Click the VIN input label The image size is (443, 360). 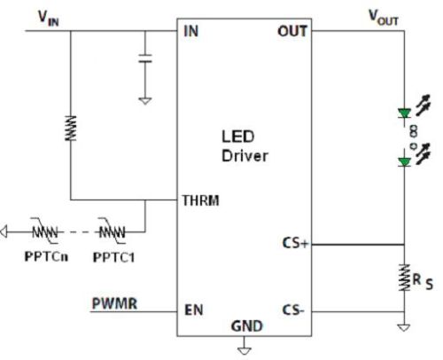[49, 18]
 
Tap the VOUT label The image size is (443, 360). [384, 18]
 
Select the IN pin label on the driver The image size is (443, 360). [190, 31]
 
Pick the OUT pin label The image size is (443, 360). [292, 31]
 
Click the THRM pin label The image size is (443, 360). [201, 200]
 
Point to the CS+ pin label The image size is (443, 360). [296, 243]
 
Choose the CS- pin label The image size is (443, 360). [293, 309]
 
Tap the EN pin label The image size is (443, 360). [194, 310]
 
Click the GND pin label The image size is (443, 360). [247, 326]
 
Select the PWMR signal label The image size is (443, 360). [114, 303]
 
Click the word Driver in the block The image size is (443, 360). [245, 156]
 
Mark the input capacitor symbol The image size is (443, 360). [145, 59]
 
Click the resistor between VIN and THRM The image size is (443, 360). [71, 129]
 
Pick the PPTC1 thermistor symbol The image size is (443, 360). [112, 231]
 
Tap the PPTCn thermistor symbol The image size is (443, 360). [45, 231]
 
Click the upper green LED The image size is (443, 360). [404, 113]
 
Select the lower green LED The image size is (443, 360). [404, 162]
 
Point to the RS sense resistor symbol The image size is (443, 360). [405, 278]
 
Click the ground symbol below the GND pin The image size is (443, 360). [245, 351]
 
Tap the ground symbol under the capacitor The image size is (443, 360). [145, 101]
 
